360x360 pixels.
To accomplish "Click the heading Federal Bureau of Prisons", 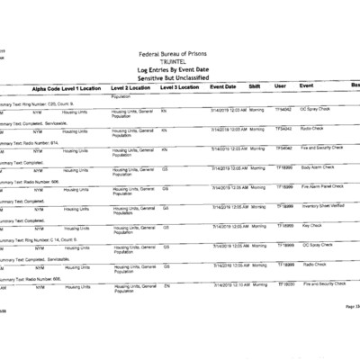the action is pos(179,55).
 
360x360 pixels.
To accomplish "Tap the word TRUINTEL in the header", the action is pos(179,62).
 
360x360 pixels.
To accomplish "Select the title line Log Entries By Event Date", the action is pos(179,69).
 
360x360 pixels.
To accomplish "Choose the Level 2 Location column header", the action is pos(130,87).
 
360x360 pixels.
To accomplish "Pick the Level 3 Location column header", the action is pos(180,87).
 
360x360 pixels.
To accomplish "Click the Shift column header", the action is pos(255,86).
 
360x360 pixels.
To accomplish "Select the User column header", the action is pos(280,86).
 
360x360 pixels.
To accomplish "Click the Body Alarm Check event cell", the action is pos(317,166).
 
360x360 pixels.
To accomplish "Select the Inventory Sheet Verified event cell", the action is pos(324,206).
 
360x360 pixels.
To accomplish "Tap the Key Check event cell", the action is pos(311,225).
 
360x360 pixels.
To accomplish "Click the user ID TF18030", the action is pos(284,283).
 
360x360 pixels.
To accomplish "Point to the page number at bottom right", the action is pos(352,307).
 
